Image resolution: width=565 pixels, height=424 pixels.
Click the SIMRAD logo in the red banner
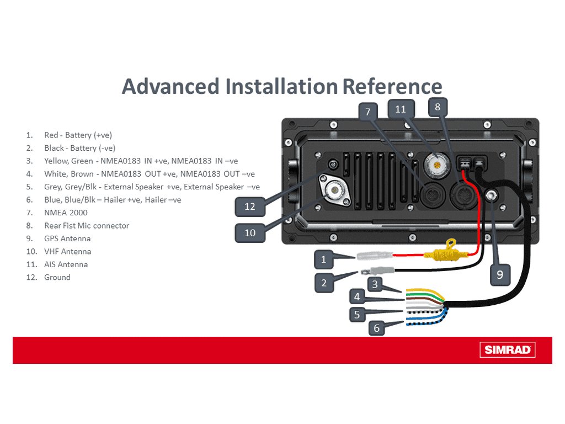pyautogui.click(x=507, y=349)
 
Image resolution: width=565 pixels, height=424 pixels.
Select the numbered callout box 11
pyautogui.click(x=401, y=109)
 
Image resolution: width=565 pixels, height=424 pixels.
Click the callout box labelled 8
pyautogui.click(x=438, y=107)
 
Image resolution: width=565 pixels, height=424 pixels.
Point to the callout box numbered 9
pyautogui.click(x=500, y=274)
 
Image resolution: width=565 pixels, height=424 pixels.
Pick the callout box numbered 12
pyautogui.click(x=250, y=206)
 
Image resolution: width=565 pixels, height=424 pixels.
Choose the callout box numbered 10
pyautogui.click(x=250, y=232)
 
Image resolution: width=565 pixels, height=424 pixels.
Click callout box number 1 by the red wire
pyautogui.click(x=324, y=258)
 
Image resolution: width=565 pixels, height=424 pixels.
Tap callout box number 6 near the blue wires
pyautogui.click(x=377, y=328)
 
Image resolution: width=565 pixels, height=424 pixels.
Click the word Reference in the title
pyautogui.click(x=392, y=87)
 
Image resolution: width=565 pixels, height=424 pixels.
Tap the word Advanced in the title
pyautogui.click(x=170, y=87)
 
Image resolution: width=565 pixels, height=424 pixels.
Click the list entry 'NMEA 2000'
pyautogui.click(x=66, y=213)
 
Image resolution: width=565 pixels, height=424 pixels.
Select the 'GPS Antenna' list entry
pyautogui.click(x=67, y=239)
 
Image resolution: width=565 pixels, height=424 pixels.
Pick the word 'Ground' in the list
pyautogui.click(x=57, y=277)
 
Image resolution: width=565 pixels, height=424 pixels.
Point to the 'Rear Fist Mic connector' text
pyautogui.click(x=87, y=225)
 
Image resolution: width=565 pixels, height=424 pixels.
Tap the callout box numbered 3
pyautogui.click(x=375, y=284)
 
